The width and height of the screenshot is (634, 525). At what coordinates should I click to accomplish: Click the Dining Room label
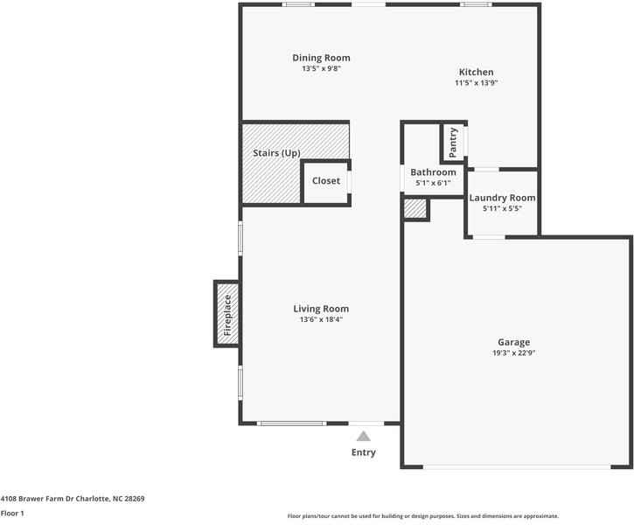(x=321, y=58)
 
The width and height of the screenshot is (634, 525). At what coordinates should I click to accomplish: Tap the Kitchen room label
(x=477, y=72)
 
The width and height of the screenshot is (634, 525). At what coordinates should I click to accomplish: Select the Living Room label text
(x=321, y=308)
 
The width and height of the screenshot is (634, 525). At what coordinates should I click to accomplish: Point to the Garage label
(x=514, y=342)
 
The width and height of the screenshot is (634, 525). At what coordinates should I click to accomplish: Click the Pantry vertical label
(x=453, y=143)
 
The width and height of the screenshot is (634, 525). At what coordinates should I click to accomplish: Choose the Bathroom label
(x=433, y=172)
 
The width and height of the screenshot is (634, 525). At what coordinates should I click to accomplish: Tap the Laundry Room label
(x=502, y=198)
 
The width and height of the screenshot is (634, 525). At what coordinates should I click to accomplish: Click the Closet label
(x=326, y=181)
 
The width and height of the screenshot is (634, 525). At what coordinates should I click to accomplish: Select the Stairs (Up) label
(x=276, y=153)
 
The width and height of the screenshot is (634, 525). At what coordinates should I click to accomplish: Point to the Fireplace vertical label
(x=227, y=315)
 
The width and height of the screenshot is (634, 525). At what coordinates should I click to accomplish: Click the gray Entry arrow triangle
(x=363, y=435)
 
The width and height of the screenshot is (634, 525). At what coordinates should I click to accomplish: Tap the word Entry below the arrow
(x=364, y=452)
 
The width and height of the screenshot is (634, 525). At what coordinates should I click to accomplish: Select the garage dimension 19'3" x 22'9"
(x=514, y=353)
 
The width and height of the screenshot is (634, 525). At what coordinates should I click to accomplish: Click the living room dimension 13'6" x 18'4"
(x=321, y=319)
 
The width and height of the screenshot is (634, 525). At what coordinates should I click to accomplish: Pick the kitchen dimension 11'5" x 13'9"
(x=477, y=83)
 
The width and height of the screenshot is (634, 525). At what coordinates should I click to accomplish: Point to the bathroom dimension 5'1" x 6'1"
(x=433, y=183)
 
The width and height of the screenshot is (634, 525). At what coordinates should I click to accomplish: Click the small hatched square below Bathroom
(x=415, y=209)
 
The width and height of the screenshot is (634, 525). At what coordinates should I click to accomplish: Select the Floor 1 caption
(x=12, y=513)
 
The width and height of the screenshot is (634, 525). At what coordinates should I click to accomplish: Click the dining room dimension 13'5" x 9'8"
(x=321, y=68)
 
